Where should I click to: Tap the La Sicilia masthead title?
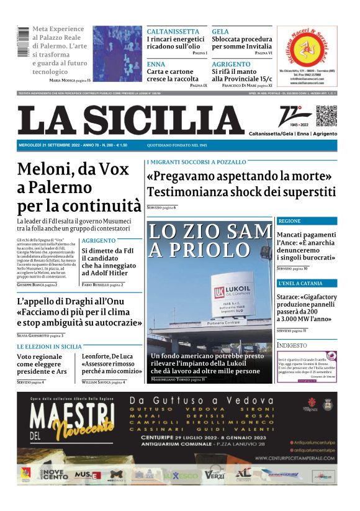130,121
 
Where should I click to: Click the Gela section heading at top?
220,31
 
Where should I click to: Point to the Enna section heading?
156,64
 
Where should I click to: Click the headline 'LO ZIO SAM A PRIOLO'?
210,240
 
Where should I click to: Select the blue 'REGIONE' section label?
289,221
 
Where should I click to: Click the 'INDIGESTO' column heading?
292,345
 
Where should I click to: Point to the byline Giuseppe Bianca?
35,284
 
